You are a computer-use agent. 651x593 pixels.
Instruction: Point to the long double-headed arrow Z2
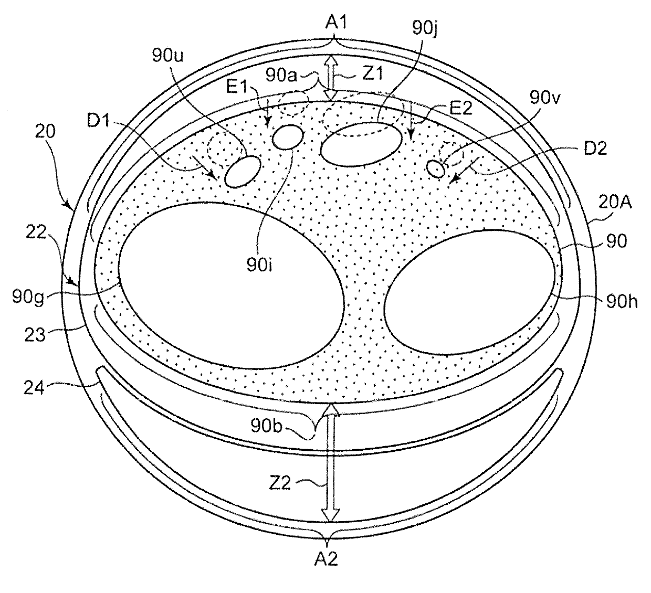(330, 462)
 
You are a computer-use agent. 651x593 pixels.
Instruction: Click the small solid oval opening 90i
(288, 137)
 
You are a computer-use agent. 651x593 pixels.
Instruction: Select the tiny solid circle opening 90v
(436, 168)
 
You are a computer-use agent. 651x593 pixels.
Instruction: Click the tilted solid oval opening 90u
(242, 172)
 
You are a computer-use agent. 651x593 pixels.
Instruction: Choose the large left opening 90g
(231, 283)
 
